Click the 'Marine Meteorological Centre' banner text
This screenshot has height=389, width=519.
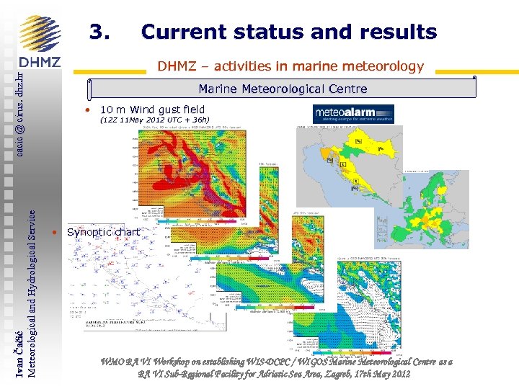pyautogui.click(x=283, y=89)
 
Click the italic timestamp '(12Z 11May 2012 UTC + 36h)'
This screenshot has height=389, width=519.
pyautogui.click(x=154, y=120)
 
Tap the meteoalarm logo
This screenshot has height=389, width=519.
pyautogui.click(x=353, y=114)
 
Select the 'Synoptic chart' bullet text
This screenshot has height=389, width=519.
pyautogui.click(x=103, y=232)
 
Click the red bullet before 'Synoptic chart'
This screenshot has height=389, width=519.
pyautogui.click(x=55, y=232)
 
